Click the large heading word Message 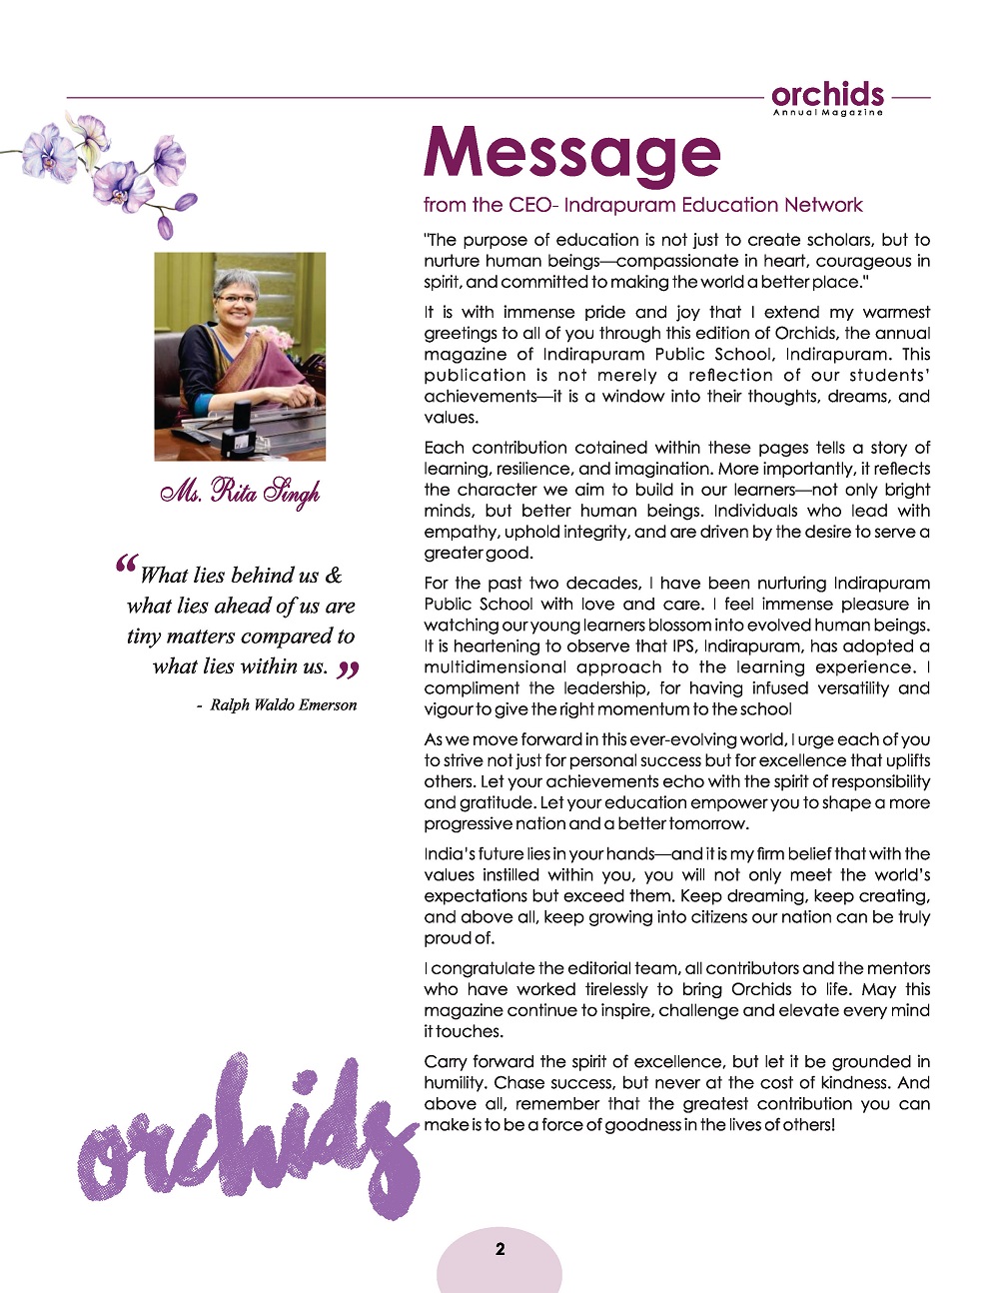571,154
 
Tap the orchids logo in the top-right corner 827,96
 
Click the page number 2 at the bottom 499,1249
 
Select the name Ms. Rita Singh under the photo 240,493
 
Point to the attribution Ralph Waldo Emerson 283,705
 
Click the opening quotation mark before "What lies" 126,567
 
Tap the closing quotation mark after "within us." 347,668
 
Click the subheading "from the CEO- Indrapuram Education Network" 642,206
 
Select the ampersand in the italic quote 333,576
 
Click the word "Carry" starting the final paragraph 447,1062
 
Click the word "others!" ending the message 804,1125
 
